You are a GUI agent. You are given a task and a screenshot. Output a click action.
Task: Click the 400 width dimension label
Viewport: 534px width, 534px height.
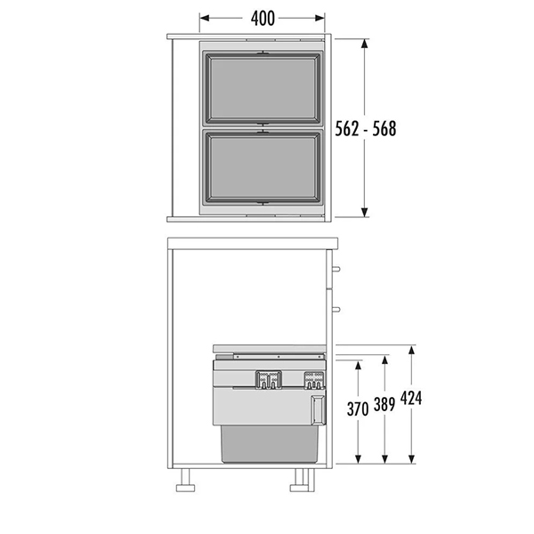point(263,19)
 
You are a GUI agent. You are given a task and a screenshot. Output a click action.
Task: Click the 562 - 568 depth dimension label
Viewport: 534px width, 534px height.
point(366,129)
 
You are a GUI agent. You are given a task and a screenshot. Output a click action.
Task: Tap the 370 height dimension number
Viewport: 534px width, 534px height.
point(358,409)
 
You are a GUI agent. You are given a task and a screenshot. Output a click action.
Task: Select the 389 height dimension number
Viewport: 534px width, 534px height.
point(384,405)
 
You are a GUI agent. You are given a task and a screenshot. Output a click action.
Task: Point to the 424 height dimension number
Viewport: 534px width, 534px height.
point(411,398)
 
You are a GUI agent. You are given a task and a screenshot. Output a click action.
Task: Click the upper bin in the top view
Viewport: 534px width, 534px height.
point(263,88)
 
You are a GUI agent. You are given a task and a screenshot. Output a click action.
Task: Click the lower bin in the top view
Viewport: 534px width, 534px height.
point(263,167)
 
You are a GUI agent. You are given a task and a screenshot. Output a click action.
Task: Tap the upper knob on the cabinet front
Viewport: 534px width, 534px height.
point(336,269)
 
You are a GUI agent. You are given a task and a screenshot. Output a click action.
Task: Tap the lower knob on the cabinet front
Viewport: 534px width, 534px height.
point(336,310)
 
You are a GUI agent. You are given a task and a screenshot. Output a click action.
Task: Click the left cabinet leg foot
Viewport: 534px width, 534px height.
point(186,488)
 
